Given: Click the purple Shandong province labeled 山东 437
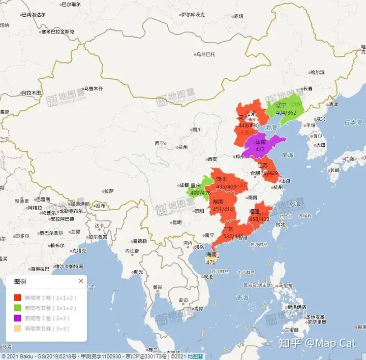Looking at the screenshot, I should click(x=260, y=146).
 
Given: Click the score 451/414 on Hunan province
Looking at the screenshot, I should click(x=223, y=209).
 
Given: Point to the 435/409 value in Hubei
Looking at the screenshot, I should click(x=226, y=186).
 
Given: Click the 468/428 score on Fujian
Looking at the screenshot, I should click(x=259, y=219).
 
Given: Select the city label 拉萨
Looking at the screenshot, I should click(x=109, y=191).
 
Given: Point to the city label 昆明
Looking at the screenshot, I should click(x=176, y=222).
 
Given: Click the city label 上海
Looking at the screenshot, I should click(x=286, y=181).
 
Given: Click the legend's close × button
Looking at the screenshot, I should click(x=80, y=281).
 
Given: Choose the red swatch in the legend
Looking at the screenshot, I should click(x=17, y=297).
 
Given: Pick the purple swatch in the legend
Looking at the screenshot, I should click(x=17, y=318).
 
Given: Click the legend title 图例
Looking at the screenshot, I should click(x=20, y=281).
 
